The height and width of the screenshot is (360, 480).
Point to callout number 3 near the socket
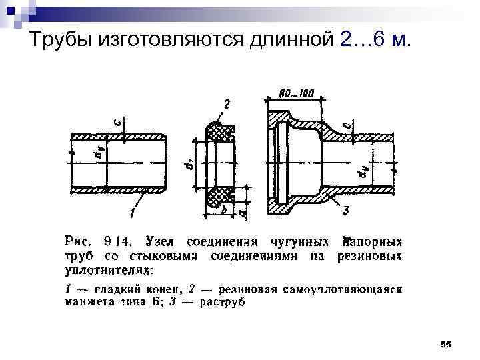click(x=346, y=211)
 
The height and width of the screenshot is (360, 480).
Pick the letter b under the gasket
click(x=225, y=210)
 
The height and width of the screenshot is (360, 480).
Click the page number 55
click(x=446, y=343)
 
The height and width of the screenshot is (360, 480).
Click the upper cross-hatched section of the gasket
click(x=221, y=133)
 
